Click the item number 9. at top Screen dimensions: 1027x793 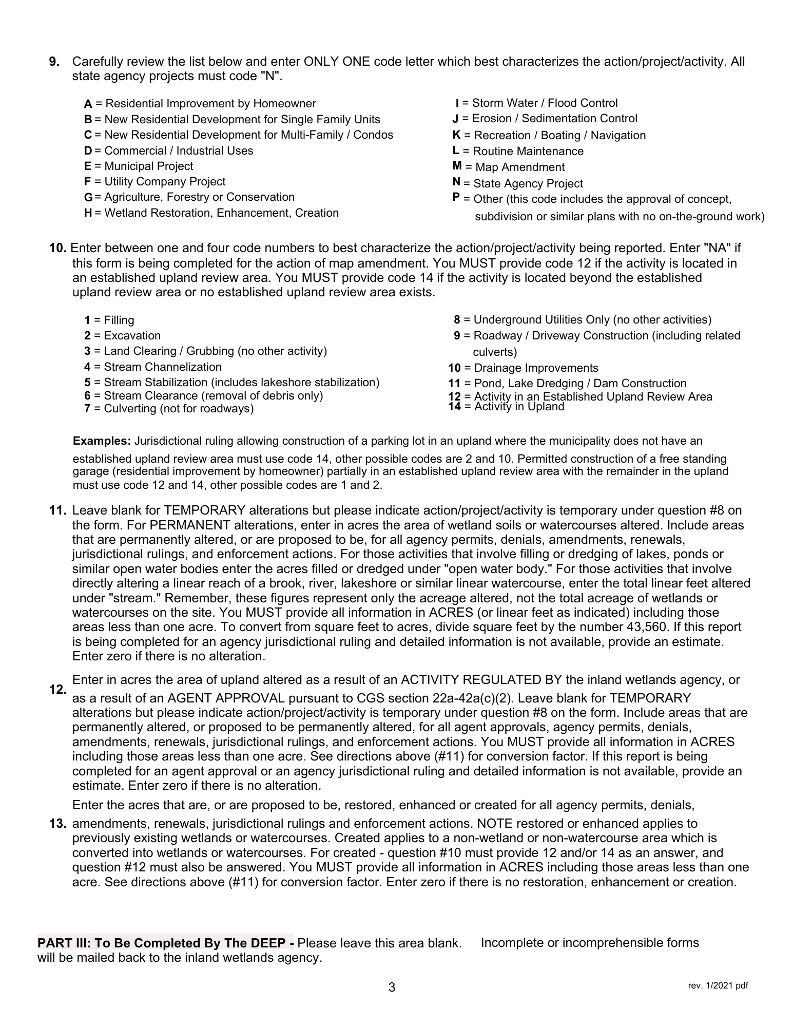point(54,62)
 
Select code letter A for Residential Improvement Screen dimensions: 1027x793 point(88,104)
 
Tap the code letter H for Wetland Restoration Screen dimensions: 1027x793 point(88,213)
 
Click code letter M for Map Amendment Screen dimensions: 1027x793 point(457,166)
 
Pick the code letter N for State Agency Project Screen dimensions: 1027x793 point(456,182)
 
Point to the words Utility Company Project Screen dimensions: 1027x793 point(165,182)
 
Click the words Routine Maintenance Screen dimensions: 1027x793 point(528,151)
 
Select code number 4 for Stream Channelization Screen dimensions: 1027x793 point(87,367)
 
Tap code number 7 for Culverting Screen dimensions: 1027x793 point(87,409)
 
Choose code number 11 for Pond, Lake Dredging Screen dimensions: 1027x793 point(454,384)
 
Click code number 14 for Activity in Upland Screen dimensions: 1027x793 point(454,407)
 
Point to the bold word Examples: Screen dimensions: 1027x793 point(102,441)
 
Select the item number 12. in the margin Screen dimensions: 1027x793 point(57,690)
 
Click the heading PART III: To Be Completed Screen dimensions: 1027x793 point(165,943)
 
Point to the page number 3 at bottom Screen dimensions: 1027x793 point(392,987)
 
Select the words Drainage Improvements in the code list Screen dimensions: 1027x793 point(536,368)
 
